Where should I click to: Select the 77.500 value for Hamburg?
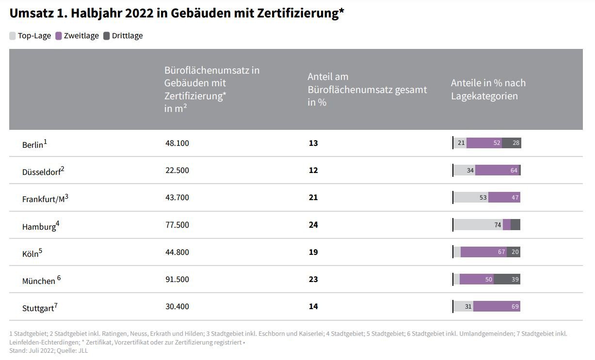coord(177,225)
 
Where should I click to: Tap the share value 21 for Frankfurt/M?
coord(313,198)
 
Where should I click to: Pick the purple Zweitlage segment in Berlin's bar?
coord(484,143)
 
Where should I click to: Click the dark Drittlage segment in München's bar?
coord(507,279)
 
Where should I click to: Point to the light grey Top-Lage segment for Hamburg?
coord(478,225)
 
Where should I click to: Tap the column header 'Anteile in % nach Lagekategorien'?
coord(488,89)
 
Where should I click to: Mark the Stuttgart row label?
coord(39,308)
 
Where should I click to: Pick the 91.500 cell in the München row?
coord(177,279)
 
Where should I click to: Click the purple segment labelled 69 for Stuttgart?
coord(497,306)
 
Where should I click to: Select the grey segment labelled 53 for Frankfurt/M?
coord(471,198)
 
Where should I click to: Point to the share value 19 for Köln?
coord(313,252)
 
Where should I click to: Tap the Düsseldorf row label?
coord(43,172)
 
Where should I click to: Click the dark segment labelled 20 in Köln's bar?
coord(514,252)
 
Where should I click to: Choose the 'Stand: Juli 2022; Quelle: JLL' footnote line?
coord(48,351)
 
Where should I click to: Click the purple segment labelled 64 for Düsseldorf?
coord(497,171)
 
